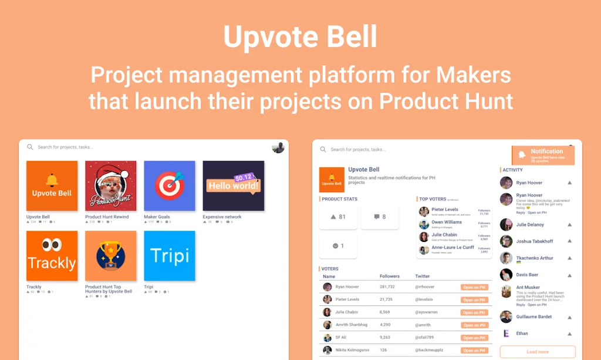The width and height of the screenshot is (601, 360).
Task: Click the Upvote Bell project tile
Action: pyautogui.click(x=52, y=186)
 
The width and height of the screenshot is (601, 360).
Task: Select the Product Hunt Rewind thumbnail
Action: pyautogui.click(x=111, y=186)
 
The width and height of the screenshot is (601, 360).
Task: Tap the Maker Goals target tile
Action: pyautogui.click(x=170, y=186)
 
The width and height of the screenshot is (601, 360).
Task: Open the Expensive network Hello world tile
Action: pyautogui.click(x=233, y=186)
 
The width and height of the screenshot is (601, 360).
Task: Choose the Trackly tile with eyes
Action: pyautogui.click(x=52, y=255)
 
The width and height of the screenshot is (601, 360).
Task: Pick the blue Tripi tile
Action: pyautogui.click(x=170, y=255)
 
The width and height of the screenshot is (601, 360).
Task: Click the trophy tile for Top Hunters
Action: pyautogui.click(x=111, y=255)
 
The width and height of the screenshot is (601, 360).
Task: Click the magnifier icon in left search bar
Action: pyautogui.click(x=30, y=147)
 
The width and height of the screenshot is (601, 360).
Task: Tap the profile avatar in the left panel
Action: pyautogui.click(x=278, y=147)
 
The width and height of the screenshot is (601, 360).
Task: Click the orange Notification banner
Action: pyautogui.click(x=543, y=155)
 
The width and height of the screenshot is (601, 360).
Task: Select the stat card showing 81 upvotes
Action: pyautogui.click(x=338, y=217)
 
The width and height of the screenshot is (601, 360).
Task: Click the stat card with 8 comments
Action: pyautogui.click(x=380, y=217)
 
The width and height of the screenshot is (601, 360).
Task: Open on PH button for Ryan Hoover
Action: pyautogui.click(x=474, y=287)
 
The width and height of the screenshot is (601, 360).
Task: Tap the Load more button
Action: pyautogui.click(x=538, y=352)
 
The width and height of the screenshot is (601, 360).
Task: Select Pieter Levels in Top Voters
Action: pyautogui.click(x=445, y=210)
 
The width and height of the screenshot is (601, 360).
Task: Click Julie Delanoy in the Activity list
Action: pyautogui.click(x=530, y=225)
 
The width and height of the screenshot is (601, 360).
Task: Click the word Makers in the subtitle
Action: pyautogui.click(x=472, y=75)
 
